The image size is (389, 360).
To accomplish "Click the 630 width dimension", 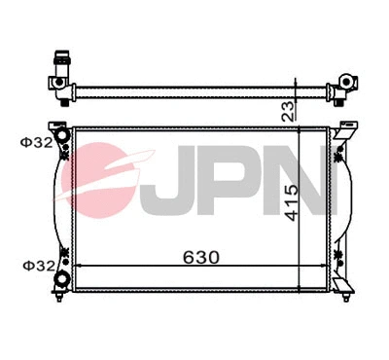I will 198,258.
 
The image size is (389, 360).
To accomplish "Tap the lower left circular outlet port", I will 65,279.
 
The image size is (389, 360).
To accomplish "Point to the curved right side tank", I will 342,204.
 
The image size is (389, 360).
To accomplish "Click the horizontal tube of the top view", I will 194,92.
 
